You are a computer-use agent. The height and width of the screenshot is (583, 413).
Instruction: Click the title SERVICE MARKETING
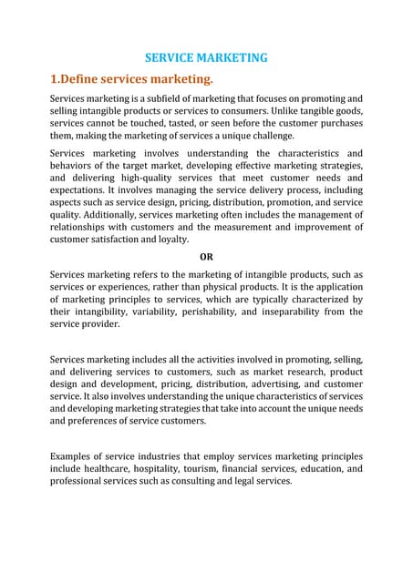[206, 57]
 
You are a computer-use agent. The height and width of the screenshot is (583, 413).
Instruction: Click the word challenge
[255, 135]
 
